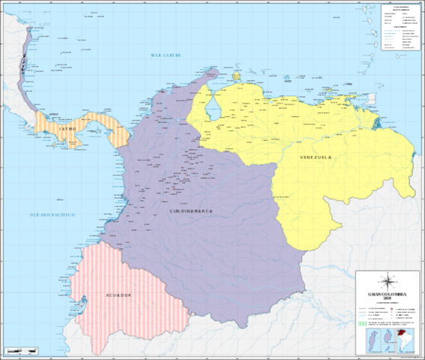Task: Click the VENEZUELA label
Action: click(315, 157)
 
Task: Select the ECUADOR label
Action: click(118, 295)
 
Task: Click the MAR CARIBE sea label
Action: click(166, 55)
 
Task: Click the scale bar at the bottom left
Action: click(22, 351)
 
